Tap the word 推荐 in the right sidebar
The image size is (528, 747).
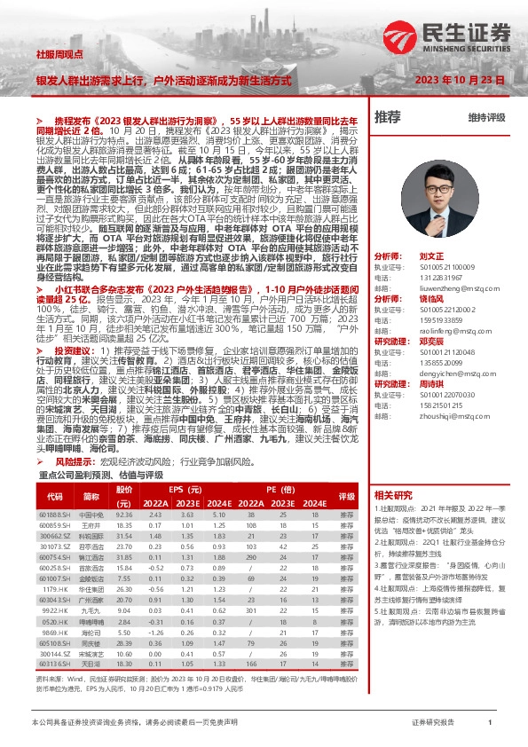point(388,116)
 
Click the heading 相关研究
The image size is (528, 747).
point(393,494)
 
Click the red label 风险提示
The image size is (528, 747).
point(75,461)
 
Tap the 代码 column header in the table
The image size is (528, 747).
point(55,495)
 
